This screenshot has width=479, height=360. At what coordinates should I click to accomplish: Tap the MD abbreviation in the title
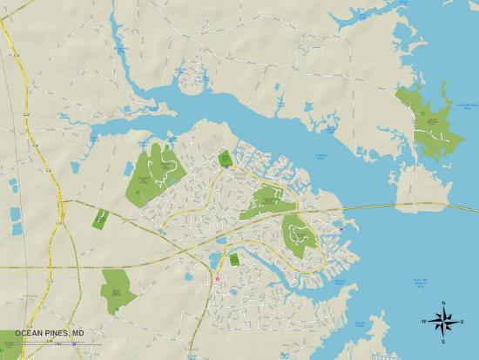pyautogui.click(x=78, y=332)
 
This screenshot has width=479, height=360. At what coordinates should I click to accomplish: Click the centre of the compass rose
pyautogui.click(x=444, y=322)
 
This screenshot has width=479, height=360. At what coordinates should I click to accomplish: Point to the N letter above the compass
pyautogui.click(x=444, y=302)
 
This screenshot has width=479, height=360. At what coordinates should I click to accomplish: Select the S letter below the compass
pyautogui.click(x=444, y=342)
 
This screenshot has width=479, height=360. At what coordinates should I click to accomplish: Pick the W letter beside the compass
pyautogui.click(x=424, y=322)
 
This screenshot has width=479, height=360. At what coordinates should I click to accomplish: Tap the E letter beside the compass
pyautogui.click(x=464, y=322)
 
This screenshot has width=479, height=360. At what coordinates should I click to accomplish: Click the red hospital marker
pyautogui.click(x=218, y=279)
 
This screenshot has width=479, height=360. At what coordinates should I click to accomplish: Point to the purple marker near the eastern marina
pyautogui.click(x=341, y=229)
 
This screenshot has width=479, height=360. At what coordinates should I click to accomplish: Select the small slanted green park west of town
pyautogui.click(x=100, y=218)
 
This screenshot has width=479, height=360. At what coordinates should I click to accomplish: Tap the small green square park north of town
pyautogui.click(x=225, y=158)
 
